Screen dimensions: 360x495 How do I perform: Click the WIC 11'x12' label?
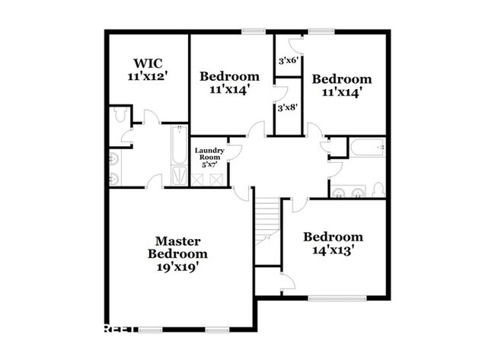(147, 68)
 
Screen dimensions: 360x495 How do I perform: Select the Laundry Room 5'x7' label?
(208, 157)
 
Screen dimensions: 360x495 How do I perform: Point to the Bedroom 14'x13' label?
(333, 243)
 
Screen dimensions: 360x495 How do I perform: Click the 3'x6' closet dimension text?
(286, 60)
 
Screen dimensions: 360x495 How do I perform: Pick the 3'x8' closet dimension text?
(286, 108)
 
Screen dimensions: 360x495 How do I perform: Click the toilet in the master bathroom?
(118, 116)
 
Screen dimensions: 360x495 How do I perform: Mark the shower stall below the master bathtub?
(177, 176)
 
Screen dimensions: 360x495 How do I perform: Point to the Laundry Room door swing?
(235, 150)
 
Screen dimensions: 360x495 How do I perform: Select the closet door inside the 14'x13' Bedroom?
(286, 282)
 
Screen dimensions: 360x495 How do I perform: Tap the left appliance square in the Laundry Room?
(201, 180)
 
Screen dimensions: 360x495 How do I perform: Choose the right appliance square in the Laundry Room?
(217, 180)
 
